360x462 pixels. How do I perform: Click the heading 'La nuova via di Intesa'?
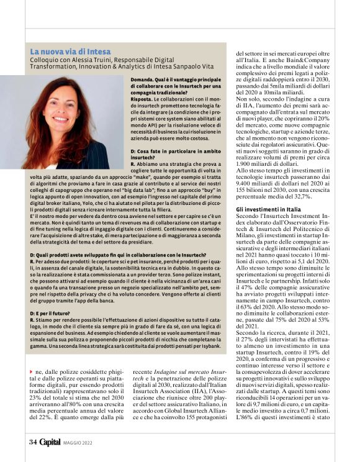70,51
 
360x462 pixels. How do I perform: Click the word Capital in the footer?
50,442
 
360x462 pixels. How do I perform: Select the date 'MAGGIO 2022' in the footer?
78,443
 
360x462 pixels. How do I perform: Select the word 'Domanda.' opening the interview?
143,81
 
